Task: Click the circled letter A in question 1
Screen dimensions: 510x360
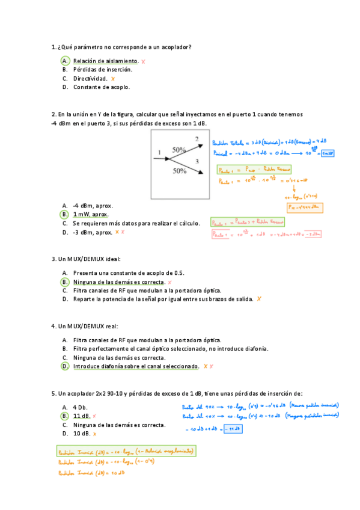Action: pos(64,61)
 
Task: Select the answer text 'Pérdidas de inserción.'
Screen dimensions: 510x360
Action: pos(103,69)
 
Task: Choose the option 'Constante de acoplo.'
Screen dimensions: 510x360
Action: pos(102,87)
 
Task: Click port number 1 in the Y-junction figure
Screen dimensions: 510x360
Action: pos(159,152)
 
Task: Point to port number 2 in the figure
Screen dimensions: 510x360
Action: pos(197,139)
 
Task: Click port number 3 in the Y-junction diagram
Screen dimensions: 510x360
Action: pos(197,162)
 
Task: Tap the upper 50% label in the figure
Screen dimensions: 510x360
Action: pos(179,149)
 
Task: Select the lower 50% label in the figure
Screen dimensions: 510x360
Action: pos(179,171)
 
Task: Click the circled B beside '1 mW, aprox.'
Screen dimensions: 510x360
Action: pos(64,214)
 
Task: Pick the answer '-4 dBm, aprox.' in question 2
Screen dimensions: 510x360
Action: pos(93,206)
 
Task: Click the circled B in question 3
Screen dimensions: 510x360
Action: pos(64,281)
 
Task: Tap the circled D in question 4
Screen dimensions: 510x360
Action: pos(64,366)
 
